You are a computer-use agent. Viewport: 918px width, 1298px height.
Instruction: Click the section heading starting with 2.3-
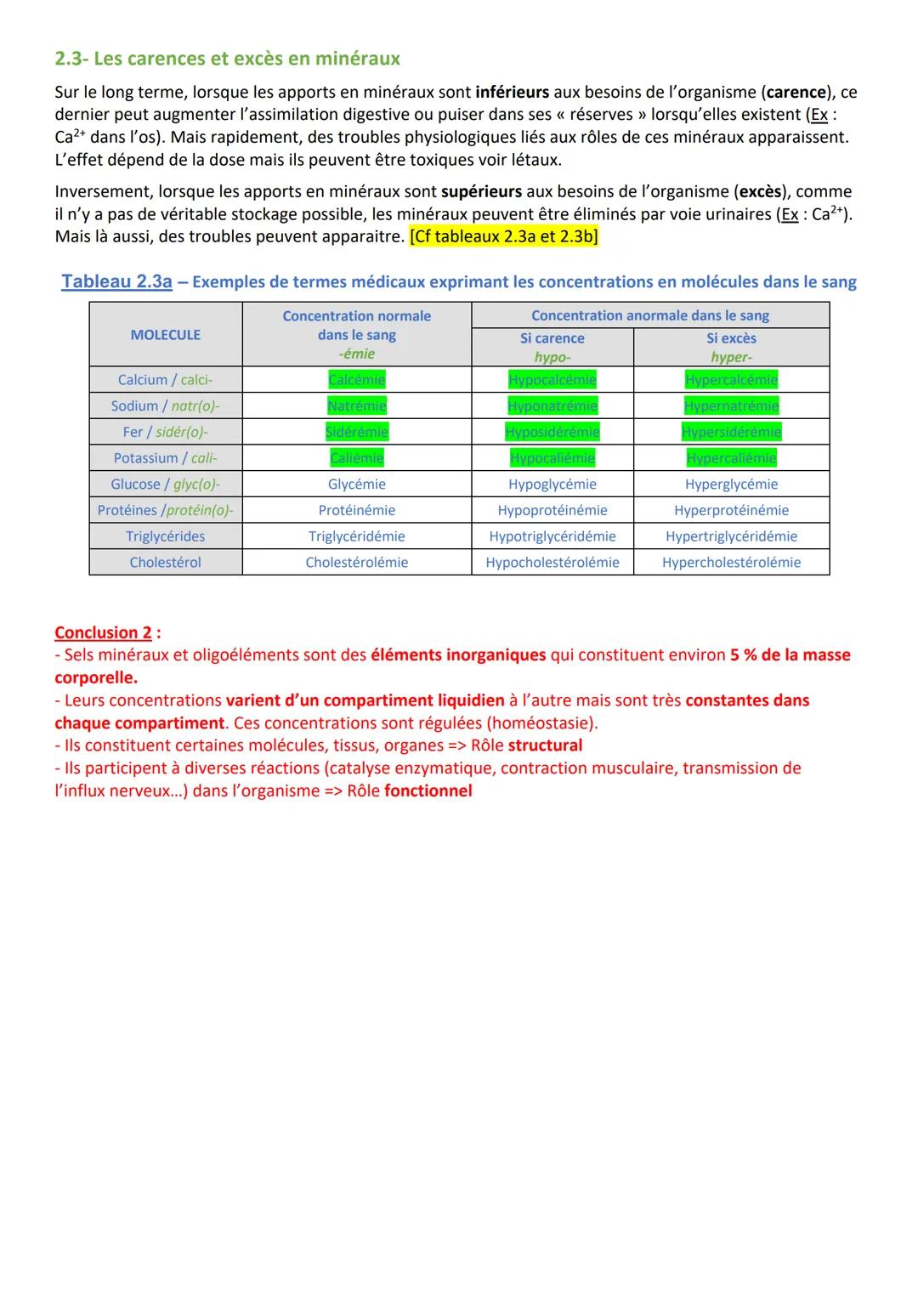click(227, 59)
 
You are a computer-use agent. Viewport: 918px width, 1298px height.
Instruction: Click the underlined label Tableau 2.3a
click(116, 281)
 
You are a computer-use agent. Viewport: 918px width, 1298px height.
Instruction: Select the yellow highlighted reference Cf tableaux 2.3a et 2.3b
click(503, 236)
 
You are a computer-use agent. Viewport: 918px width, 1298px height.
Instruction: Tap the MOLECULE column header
click(166, 335)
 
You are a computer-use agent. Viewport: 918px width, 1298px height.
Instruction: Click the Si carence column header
click(552, 338)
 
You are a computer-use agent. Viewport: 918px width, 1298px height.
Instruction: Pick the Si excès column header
click(731, 338)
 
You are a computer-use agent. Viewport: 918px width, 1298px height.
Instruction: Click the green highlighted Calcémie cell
click(357, 380)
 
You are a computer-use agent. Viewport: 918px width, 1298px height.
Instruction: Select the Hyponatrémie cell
click(552, 406)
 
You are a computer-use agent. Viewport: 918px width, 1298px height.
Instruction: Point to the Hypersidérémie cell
click(731, 432)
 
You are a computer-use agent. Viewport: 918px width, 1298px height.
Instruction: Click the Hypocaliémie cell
click(552, 458)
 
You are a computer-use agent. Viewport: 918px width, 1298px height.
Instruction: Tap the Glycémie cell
click(357, 484)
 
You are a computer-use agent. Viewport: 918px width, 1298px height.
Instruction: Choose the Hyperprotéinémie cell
click(731, 510)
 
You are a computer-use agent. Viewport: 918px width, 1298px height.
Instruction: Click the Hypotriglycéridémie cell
click(552, 536)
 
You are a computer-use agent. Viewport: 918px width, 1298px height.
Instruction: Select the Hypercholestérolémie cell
click(731, 562)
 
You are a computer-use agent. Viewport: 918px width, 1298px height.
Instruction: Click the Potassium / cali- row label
click(166, 458)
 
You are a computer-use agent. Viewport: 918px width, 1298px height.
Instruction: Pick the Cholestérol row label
click(166, 562)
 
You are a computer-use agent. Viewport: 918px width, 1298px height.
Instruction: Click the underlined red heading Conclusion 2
click(103, 632)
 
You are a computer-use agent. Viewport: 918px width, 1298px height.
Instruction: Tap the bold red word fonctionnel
click(428, 791)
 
